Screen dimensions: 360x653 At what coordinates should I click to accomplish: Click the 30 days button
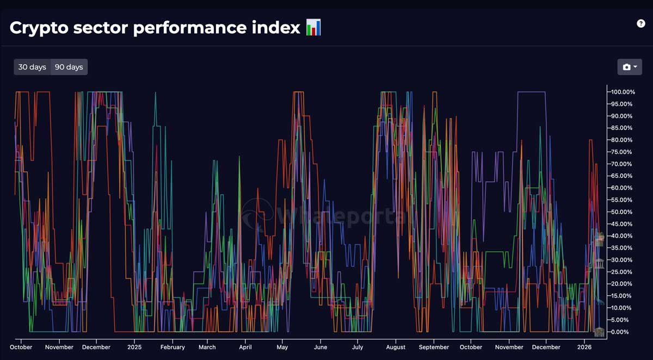(x=32, y=67)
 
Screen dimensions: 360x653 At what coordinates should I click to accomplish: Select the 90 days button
(x=69, y=67)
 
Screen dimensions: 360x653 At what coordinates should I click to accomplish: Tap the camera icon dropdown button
(x=629, y=67)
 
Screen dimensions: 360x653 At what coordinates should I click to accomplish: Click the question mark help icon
(x=640, y=23)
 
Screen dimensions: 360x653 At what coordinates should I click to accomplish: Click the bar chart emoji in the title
(x=313, y=27)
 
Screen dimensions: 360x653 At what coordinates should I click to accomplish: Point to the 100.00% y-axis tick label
(x=621, y=92)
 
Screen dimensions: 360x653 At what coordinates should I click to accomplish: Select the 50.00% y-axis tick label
(x=621, y=212)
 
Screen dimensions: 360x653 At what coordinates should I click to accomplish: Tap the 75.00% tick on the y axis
(x=621, y=152)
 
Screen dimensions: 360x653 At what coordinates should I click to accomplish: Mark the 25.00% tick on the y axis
(x=621, y=272)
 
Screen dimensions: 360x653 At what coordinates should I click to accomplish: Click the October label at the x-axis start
(x=21, y=347)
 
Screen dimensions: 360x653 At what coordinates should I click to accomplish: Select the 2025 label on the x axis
(x=134, y=347)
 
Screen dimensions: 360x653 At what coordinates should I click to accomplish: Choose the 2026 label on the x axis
(x=584, y=347)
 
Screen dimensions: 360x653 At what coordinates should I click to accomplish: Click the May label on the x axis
(x=282, y=347)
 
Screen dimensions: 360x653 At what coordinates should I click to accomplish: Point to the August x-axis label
(x=396, y=347)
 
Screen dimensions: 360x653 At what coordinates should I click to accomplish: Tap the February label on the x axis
(x=173, y=347)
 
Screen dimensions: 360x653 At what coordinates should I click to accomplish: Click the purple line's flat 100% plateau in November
(x=531, y=92)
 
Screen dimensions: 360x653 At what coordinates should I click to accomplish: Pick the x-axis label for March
(x=207, y=347)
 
